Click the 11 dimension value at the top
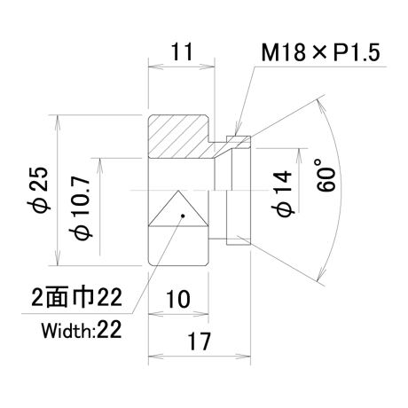pos(182,51)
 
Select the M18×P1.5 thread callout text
pos(321,52)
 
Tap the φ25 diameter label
pos(40,190)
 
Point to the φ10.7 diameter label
pos(81,208)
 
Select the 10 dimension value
pos(178,299)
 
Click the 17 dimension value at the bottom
pos(200,341)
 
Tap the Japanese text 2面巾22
pos(76,297)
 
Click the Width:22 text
pos(82,330)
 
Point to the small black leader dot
pos(183,216)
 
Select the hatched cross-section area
pos(189,137)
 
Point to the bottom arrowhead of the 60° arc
pos(321,273)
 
